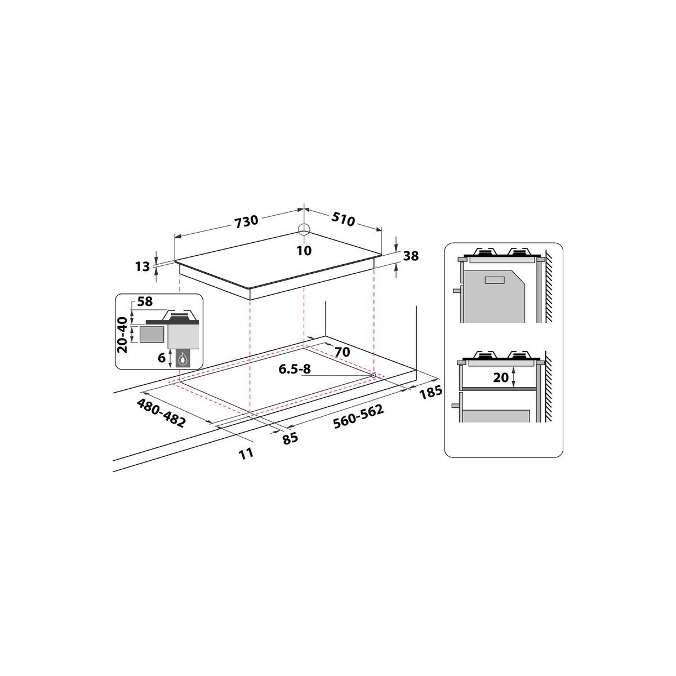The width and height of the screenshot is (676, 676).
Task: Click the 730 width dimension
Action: [x=246, y=221]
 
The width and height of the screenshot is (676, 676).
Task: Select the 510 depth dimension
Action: [x=343, y=219]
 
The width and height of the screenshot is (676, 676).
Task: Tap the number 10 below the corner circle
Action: [x=304, y=251]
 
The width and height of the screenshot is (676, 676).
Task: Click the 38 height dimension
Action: [x=411, y=256]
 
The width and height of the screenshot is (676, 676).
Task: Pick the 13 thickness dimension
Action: [x=143, y=266]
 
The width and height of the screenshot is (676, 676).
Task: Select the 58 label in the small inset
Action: [x=145, y=301]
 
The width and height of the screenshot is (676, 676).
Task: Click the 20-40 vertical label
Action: [x=122, y=335]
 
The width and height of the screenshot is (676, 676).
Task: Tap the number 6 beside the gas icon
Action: [x=162, y=358]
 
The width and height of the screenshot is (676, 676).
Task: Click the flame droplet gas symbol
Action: [x=183, y=359]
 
